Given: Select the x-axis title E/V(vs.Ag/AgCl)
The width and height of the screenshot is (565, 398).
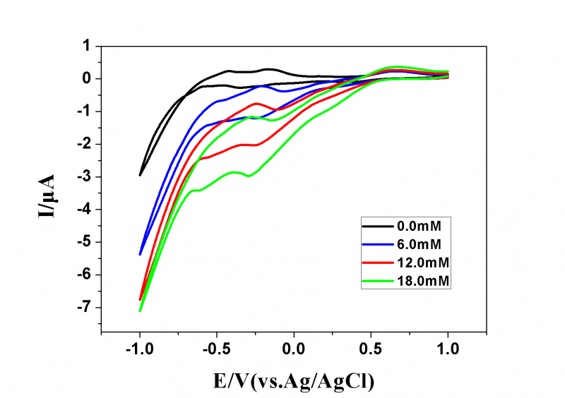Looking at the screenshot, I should pyautogui.click(x=294, y=381).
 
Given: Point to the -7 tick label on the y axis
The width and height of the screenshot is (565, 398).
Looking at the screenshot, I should pyautogui.click(x=86, y=308).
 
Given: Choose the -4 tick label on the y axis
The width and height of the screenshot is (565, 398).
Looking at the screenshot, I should pyautogui.click(x=86, y=210).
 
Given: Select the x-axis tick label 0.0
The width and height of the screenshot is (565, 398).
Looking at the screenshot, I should pyautogui.click(x=294, y=348).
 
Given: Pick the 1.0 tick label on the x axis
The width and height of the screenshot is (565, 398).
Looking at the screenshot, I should pyautogui.click(x=448, y=348).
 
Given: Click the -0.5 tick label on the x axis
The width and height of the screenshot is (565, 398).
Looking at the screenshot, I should pyautogui.click(x=215, y=348).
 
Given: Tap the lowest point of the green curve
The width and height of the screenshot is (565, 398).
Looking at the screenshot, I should pyautogui.click(x=140, y=311).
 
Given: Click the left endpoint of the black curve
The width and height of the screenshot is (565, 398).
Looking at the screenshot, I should pyautogui.click(x=140, y=175).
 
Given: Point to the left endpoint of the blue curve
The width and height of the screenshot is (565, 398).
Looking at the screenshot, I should pyautogui.click(x=140, y=254).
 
